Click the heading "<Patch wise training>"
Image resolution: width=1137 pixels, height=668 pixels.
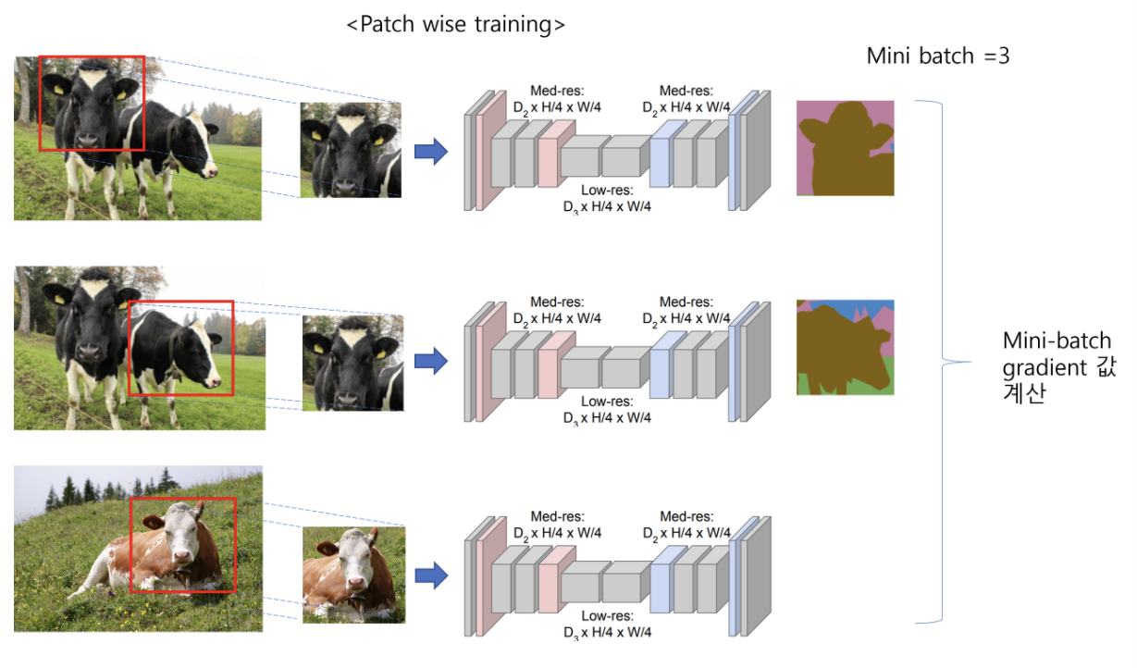tap(455, 25)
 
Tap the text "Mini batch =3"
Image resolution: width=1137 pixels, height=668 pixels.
tap(937, 56)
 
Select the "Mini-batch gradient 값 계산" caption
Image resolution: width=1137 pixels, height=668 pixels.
tap(1057, 366)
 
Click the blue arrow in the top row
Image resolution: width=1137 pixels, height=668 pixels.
tap(430, 151)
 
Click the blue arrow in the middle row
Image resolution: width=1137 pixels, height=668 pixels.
tap(430, 362)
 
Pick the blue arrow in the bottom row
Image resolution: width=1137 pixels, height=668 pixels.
tap(430, 576)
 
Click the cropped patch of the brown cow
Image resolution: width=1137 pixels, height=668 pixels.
tap(353, 574)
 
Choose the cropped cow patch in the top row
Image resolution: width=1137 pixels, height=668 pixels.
tap(351, 150)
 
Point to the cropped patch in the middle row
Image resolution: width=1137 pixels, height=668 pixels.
tap(352, 363)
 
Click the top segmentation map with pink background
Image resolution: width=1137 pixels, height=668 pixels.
tap(845, 148)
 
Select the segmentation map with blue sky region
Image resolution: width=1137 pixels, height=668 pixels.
tap(845, 348)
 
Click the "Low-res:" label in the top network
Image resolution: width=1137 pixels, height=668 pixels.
tap(606, 191)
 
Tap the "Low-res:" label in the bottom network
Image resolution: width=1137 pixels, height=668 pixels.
tap(606, 615)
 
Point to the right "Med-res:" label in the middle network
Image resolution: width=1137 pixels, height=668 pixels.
tap(686, 302)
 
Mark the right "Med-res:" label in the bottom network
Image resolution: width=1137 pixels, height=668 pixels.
tap(686, 516)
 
